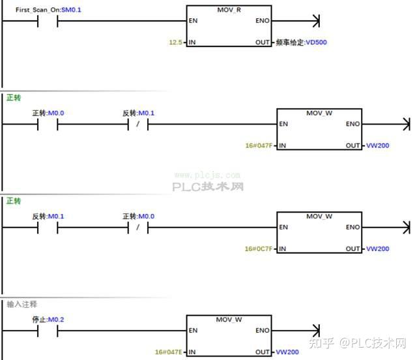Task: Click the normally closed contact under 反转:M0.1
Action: (139, 124)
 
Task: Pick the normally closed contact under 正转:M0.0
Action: (139, 227)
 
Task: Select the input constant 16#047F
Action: (259, 145)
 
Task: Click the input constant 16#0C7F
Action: (259, 248)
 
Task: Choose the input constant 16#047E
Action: (169, 352)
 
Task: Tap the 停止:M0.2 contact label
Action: (48, 320)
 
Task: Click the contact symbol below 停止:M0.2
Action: (48, 331)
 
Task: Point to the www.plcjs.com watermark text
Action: (207, 175)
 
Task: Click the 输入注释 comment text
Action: (22, 304)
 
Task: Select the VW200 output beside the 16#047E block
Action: (287, 352)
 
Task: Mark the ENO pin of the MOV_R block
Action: (263, 21)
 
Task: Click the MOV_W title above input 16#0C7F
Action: (319, 216)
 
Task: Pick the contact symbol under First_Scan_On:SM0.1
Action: (48, 21)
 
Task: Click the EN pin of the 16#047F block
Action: (283, 124)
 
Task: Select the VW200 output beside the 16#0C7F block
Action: (377, 248)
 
